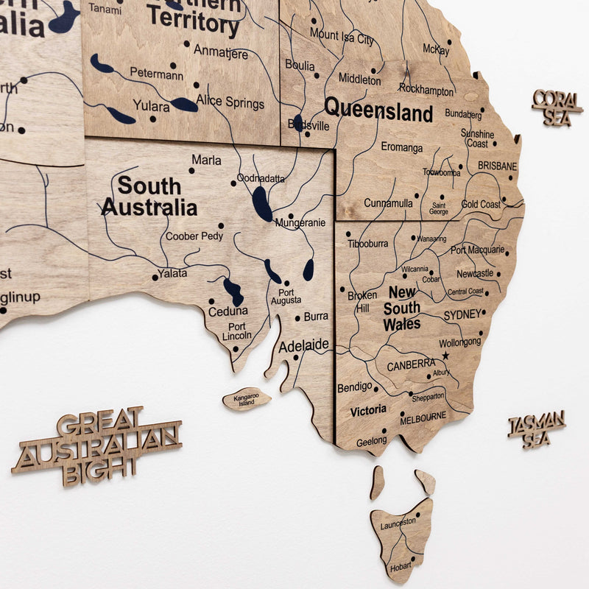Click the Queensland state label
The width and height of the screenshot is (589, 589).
point(378,111)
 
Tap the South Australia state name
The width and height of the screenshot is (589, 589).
point(149,196)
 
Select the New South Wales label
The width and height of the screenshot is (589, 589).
point(402,308)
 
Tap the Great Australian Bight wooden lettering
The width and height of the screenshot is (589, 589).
point(97,445)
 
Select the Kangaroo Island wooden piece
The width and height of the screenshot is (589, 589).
point(246,400)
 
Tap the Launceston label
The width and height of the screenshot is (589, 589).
point(398,523)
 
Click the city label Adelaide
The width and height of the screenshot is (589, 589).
point(303,345)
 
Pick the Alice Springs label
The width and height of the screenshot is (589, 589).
point(230,104)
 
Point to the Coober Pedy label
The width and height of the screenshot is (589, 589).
point(194,236)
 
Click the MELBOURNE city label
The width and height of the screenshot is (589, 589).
point(423,417)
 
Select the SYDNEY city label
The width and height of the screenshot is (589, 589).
point(462,315)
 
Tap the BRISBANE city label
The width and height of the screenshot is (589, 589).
point(497,166)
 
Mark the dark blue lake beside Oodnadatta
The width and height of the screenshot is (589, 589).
point(261,204)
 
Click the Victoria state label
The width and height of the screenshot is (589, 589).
point(368,410)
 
